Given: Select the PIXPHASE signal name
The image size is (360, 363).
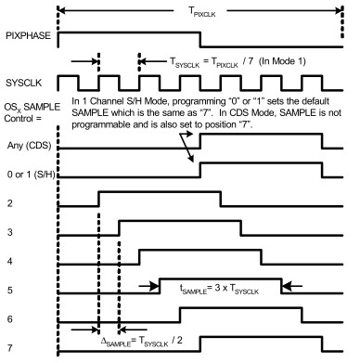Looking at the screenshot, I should [27, 35].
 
